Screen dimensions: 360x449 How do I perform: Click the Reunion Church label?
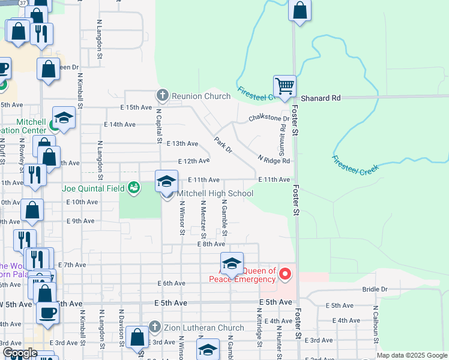[201, 96]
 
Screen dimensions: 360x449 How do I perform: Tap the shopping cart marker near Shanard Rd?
[284, 85]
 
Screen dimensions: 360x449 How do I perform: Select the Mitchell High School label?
[215, 193]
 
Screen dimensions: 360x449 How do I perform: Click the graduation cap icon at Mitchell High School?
[167, 181]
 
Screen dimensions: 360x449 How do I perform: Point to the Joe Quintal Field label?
[93, 188]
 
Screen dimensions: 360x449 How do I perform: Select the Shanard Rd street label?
[321, 98]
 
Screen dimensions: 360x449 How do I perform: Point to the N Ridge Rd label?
[274, 160]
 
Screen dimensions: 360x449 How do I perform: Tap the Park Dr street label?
[223, 145]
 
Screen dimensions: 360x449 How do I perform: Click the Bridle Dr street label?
[375, 289]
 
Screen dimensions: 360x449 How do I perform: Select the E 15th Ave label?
[136, 107]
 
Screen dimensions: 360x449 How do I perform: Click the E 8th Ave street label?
[211, 244]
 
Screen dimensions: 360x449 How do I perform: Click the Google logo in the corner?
[19, 353]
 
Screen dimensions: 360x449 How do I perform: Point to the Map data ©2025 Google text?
[412, 355]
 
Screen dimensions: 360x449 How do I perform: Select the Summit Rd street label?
[281, 134]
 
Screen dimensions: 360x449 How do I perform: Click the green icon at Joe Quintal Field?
[134, 188]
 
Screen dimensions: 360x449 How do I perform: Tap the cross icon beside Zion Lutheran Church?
[154, 328]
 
